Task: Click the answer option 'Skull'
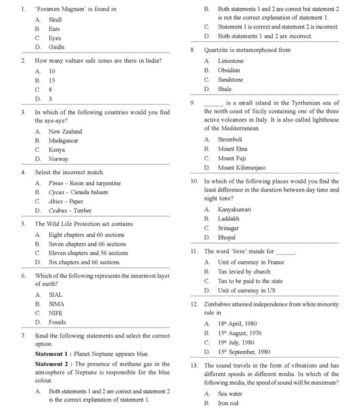[55, 20]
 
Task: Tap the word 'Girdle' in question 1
[57, 47]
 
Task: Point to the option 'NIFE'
[56, 313]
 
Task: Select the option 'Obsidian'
[228, 70]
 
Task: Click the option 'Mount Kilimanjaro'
[242, 167]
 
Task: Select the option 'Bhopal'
[228, 238]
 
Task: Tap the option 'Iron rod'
[228, 403]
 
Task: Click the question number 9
[193, 103]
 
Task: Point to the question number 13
[195, 365]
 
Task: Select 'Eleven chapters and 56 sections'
[88, 253]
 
